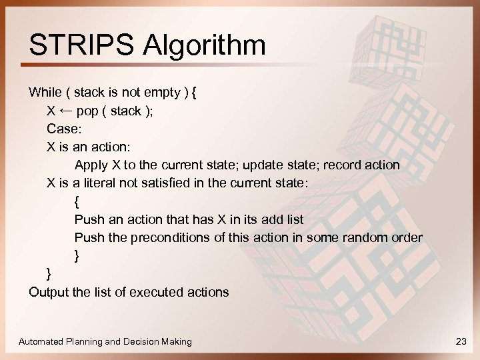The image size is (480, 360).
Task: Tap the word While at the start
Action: [x=45, y=92]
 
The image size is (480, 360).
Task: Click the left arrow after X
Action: [x=65, y=110]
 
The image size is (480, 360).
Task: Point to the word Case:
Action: [x=63, y=128]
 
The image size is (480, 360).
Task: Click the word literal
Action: [x=98, y=183]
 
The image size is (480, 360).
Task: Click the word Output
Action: [x=47, y=291]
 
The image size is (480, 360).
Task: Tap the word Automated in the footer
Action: [x=41, y=341]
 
